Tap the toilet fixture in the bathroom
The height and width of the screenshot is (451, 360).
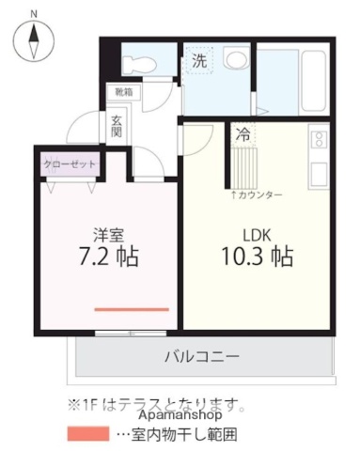click(137, 63)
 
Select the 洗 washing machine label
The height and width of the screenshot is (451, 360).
click(199, 61)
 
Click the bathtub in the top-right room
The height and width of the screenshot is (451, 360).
click(293, 79)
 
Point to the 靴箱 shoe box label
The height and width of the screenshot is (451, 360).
click(123, 92)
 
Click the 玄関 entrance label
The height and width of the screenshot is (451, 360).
click(117, 125)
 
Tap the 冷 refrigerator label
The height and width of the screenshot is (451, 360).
click(243, 133)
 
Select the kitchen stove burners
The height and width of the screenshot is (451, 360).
click(318, 140)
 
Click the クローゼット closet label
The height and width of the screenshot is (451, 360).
click(68, 163)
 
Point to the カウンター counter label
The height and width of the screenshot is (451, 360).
click(257, 194)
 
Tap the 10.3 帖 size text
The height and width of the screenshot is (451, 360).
click(256, 256)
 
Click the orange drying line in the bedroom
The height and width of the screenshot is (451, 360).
click(131, 308)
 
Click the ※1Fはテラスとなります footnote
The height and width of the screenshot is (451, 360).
click(156, 405)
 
